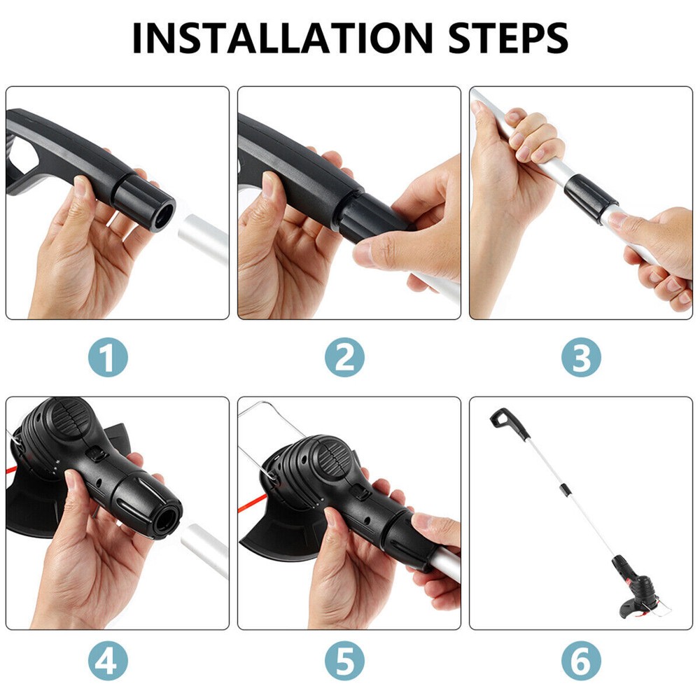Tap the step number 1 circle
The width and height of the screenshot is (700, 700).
pyautogui.click(x=108, y=358)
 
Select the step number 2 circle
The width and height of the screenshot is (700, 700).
pyautogui.click(x=344, y=358)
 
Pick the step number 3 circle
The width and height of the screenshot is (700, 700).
pyautogui.click(x=581, y=358)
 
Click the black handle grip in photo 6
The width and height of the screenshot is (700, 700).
pyautogui.click(x=502, y=419)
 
